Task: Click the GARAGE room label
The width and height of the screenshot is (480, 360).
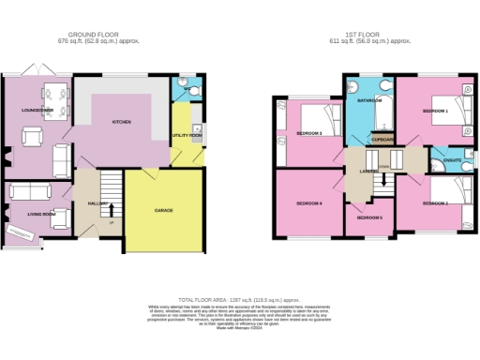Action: (x=163, y=210)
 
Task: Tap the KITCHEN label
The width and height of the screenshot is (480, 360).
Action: (x=122, y=122)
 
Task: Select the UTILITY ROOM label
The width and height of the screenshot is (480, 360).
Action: (x=187, y=135)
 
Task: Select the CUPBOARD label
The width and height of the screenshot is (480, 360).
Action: (x=382, y=141)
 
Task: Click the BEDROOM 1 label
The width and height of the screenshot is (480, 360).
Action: (x=435, y=112)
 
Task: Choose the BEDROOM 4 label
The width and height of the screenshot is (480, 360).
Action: (x=309, y=202)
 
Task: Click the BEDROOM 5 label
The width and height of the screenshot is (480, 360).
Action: (x=369, y=217)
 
